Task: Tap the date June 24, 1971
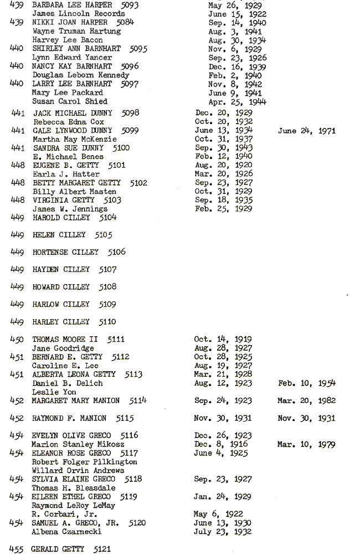306,131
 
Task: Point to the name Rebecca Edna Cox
68,122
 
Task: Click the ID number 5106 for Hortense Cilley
116,252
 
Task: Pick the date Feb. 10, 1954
306,383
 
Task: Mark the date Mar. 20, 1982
306,401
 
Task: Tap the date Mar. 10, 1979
306,444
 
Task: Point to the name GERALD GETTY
58,549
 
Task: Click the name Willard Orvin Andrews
78,470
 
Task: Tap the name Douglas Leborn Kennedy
80,75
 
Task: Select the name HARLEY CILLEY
61,322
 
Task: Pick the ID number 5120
137,523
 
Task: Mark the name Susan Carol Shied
69,101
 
